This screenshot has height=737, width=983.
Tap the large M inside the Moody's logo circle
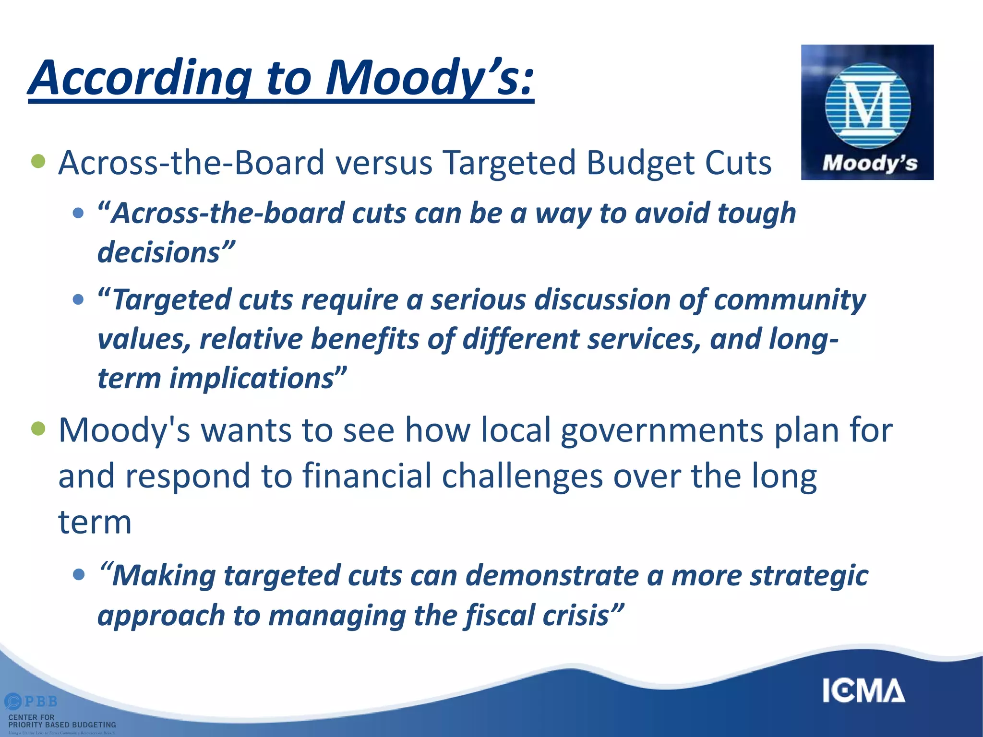(x=867, y=105)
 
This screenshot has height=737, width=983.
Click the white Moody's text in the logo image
(x=869, y=163)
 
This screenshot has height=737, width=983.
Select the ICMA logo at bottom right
(x=863, y=691)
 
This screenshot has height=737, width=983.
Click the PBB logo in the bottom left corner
(x=32, y=701)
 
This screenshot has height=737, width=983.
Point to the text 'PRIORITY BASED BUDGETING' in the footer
(x=62, y=725)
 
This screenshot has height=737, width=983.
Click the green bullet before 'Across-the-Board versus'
(x=38, y=162)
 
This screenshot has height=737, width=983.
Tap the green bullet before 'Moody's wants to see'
(x=38, y=428)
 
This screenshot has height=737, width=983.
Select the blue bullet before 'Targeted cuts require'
(x=78, y=300)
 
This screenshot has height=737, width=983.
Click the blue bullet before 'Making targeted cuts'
(x=78, y=574)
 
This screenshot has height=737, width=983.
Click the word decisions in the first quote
(x=159, y=253)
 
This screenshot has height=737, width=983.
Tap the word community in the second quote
(x=790, y=301)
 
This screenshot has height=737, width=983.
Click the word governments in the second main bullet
(x=662, y=430)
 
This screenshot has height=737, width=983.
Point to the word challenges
(x=522, y=476)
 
